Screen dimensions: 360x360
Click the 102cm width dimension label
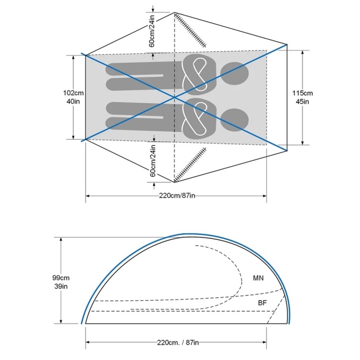point(73,93)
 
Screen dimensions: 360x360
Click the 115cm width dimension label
point(302,93)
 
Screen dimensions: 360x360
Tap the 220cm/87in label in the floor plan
point(177,196)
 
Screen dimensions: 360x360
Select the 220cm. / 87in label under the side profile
point(178,342)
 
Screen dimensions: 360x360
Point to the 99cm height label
point(61,278)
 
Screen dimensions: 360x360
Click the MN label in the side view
point(258,278)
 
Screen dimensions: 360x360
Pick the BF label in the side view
point(262,303)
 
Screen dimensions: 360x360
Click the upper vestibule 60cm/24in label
point(152,31)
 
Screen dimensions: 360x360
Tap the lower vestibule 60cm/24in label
point(153,161)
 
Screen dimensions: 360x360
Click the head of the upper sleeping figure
point(234,73)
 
